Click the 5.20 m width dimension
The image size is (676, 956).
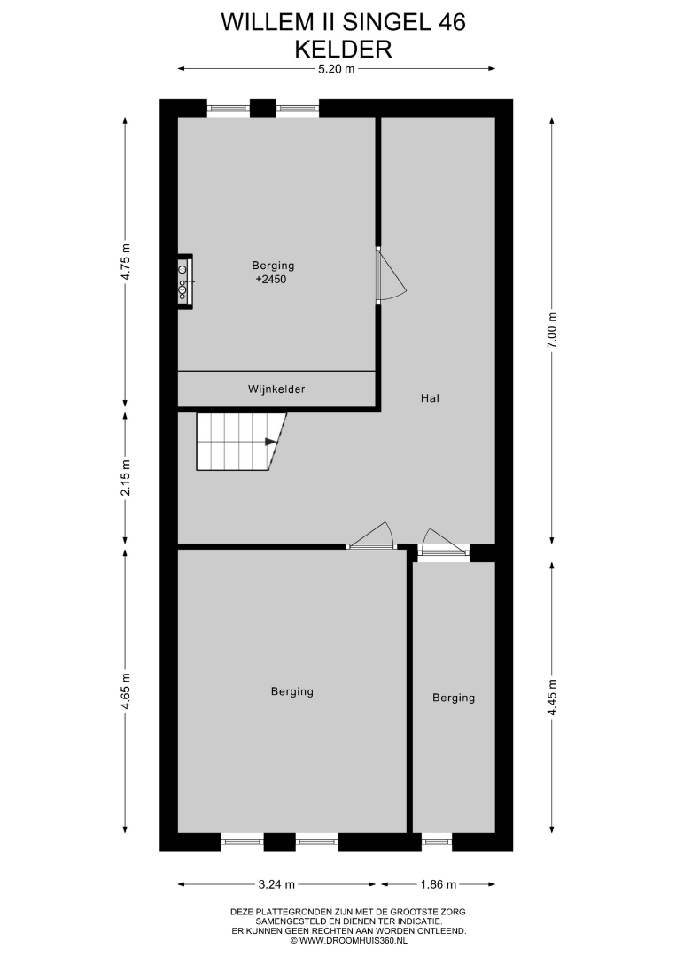tap(336, 69)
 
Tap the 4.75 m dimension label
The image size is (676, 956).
tap(125, 262)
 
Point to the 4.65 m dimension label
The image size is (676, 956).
tap(125, 690)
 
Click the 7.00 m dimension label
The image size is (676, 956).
tap(552, 330)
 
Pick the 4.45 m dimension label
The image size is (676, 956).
tap(552, 698)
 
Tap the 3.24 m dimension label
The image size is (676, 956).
tap(277, 884)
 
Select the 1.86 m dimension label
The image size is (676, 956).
tap(438, 884)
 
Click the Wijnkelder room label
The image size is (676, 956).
tap(276, 389)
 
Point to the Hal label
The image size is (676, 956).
tap(430, 398)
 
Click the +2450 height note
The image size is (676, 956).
tap(271, 280)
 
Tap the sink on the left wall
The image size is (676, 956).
tap(184, 281)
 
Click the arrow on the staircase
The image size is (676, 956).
tap(269, 442)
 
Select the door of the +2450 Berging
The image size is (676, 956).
tap(391, 274)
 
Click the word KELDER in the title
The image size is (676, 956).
tap(343, 49)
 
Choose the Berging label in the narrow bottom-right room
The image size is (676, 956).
tap(454, 698)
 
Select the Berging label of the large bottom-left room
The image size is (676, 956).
tap(292, 691)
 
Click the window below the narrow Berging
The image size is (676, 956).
tap(436, 842)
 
